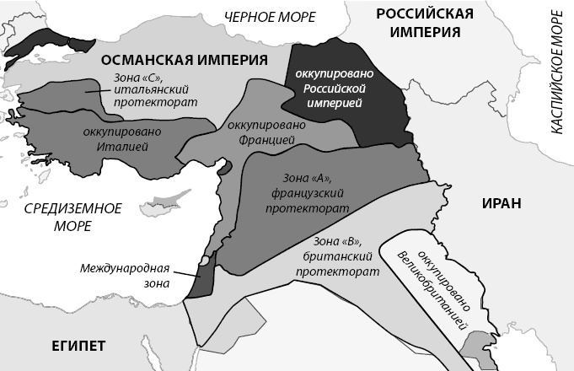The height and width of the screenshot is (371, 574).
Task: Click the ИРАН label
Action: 502,203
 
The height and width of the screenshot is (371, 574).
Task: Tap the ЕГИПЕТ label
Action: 78,347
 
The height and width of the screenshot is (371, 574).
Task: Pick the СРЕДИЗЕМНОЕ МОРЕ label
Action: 72,218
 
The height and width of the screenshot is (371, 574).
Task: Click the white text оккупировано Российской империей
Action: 329,89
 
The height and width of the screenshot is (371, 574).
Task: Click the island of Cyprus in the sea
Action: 159,205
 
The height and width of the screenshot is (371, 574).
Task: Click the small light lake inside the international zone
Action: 202,262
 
